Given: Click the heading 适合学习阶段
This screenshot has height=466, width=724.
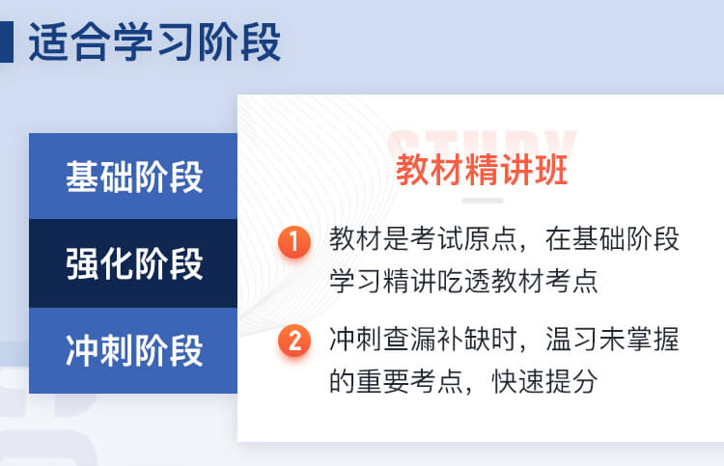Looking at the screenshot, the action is (154, 42).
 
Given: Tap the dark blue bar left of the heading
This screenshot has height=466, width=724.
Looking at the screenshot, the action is (7, 41).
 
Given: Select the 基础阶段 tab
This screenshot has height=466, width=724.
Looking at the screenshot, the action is (133, 176).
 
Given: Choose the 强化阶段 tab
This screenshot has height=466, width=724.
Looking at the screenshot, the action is (133, 263).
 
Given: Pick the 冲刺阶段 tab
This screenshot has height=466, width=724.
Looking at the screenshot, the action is (133, 350).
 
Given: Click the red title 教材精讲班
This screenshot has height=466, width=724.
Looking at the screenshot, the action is (482, 170).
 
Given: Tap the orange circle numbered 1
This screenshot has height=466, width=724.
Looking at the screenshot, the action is (294, 241).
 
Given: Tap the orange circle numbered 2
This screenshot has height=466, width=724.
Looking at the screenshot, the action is (294, 341).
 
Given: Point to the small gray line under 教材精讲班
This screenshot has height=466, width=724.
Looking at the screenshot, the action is (483, 201).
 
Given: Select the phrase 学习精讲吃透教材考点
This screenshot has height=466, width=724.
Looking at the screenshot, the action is (463, 280).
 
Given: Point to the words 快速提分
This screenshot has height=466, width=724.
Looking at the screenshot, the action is (543, 381).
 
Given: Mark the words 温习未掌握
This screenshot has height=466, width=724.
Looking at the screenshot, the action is (612, 339).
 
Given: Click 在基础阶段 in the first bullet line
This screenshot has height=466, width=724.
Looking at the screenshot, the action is (612, 239).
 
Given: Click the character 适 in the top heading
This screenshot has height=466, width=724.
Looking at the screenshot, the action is (48, 42).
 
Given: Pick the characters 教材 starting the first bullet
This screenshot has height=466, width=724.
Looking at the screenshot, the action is (356, 239).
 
